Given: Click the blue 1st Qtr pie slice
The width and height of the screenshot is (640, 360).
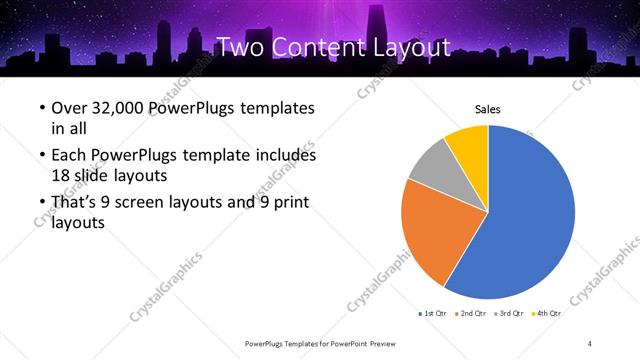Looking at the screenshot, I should coord(530,220).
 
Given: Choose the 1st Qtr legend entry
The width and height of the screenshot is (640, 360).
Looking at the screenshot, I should coord(433,314).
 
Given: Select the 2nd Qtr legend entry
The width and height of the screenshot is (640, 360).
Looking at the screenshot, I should coord(471,314).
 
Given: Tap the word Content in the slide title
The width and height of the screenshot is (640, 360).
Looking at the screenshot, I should coord(317,47).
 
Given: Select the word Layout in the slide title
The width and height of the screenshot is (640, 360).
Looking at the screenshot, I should coord(406,47).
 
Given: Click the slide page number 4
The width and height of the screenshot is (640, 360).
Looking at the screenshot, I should coord(590,343).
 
